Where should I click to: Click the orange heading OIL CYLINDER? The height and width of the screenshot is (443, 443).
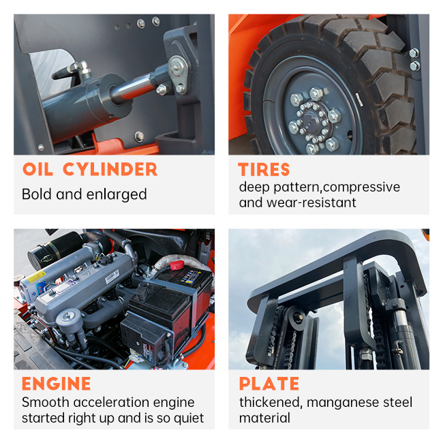tap(90, 169)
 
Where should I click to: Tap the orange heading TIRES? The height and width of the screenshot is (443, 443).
tap(264, 170)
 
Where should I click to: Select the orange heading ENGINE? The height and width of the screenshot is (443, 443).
tap(56, 384)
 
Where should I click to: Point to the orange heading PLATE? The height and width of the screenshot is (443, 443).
tap(269, 384)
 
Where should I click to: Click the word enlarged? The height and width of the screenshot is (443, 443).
tap(117, 194)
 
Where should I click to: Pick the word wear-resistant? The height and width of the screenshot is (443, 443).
tap(311, 202)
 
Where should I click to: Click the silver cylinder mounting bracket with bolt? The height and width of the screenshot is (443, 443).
tap(178, 74)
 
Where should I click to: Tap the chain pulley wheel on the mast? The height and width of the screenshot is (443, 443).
tap(296, 318)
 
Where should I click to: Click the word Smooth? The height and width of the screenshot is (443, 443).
tap(46, 402)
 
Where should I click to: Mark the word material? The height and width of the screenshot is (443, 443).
tap(264, 418)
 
